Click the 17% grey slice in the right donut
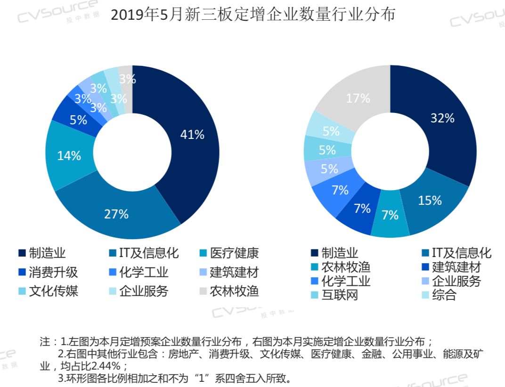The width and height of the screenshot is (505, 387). tap(358, 98)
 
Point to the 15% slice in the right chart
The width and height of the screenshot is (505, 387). tap(430, 201)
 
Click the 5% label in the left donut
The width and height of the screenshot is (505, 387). tap(78, 120)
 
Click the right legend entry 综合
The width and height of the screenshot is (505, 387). tap(444, 296)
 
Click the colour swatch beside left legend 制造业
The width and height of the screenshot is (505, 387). tap(22, 254)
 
